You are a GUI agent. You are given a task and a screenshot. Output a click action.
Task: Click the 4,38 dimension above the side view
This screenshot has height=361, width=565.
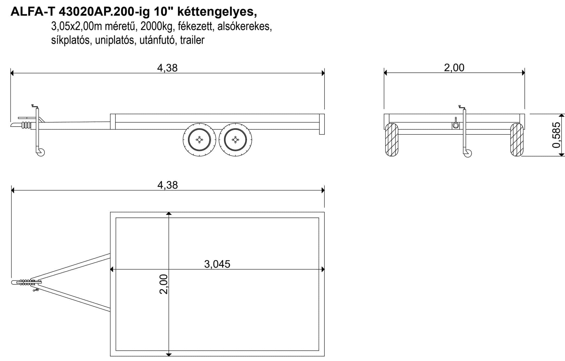click(167, 68)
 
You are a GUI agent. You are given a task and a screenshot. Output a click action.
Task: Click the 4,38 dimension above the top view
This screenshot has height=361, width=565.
click(167, 185)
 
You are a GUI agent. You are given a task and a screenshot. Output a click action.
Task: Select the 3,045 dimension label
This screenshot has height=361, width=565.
click(217, 264)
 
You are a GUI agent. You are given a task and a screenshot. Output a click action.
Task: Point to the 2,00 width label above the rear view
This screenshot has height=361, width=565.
click(454, 68)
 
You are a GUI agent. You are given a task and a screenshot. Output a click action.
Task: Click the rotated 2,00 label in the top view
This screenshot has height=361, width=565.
click(164, 284)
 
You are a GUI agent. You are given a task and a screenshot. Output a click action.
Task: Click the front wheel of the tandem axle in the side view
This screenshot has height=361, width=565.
click(199, 140)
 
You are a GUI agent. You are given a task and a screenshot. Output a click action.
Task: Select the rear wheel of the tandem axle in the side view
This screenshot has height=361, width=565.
click(235, 140)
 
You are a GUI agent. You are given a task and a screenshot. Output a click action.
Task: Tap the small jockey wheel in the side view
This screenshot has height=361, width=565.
click(41, 152)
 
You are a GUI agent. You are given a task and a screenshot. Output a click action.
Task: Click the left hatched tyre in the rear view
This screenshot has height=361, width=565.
click(392, 140)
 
